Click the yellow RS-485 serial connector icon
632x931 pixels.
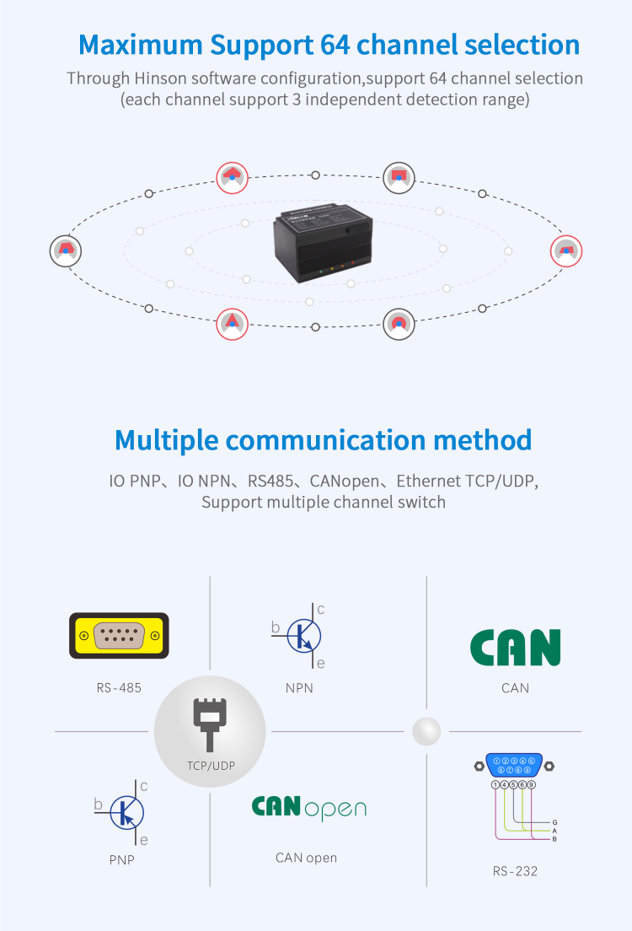[x=119, y=635]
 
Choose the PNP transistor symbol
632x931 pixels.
[x=126, y=812]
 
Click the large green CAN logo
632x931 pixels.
[x=515, y=648]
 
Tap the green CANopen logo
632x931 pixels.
[x=308, y=808]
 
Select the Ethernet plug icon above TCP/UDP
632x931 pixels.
[x=209, y=722]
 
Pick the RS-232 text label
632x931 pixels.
[x=515, y=871]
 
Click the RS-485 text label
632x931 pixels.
[x=119, y=688]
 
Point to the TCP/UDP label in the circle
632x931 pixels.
[x=210, y=767]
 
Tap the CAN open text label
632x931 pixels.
[x=306, y=858]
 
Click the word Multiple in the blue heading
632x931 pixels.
[x=167, y=440]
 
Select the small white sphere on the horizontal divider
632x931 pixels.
[x=426, y=731]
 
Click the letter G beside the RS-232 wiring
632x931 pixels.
[x=554, y=821]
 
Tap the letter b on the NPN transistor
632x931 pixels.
[x=276, y=627]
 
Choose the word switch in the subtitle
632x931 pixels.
[x=422, y=503]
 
